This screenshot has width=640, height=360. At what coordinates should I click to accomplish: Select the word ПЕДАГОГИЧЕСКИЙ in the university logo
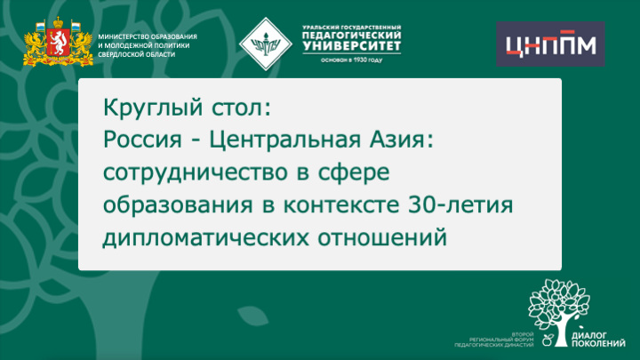pyautogui.click(x=351, y=35)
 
